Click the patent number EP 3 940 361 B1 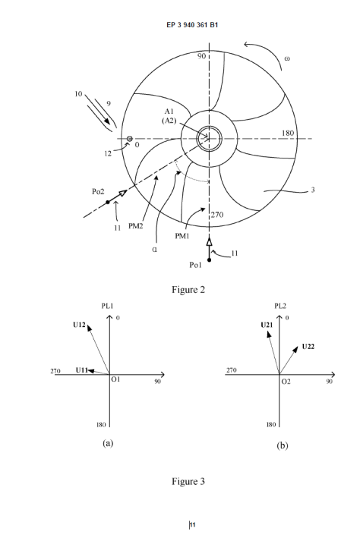point(192,25)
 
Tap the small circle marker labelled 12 point(130,139)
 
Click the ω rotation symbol point(287,58)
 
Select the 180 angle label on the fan point(288,133)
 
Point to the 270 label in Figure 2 point(217,215)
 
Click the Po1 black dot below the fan point(209,260)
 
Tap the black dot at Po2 point(108,203)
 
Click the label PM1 point(182,236)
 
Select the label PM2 point(136,226)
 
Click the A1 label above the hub point(169,112)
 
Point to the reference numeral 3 point(313,190)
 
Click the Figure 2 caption point(188,290)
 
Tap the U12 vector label point(79,325)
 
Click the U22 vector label point(308,347)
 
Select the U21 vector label point(267,325)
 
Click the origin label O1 point(115,379)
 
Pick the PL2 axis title point(280,306)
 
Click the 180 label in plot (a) point(101,425)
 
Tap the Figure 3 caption point(188,482)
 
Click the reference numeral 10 point(78,93)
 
